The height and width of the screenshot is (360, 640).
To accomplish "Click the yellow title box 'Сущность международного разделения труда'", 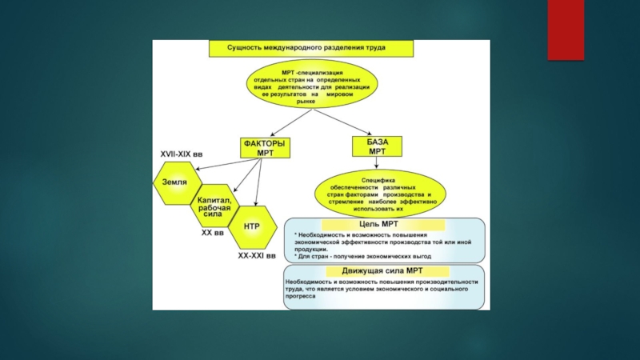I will pyautogui.click(x=311, y=48).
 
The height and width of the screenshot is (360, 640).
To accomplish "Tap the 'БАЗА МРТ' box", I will pyautogui.click(x=377, y=146).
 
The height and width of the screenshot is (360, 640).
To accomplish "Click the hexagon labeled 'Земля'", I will pyautogui.click(x=174, y=182).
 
